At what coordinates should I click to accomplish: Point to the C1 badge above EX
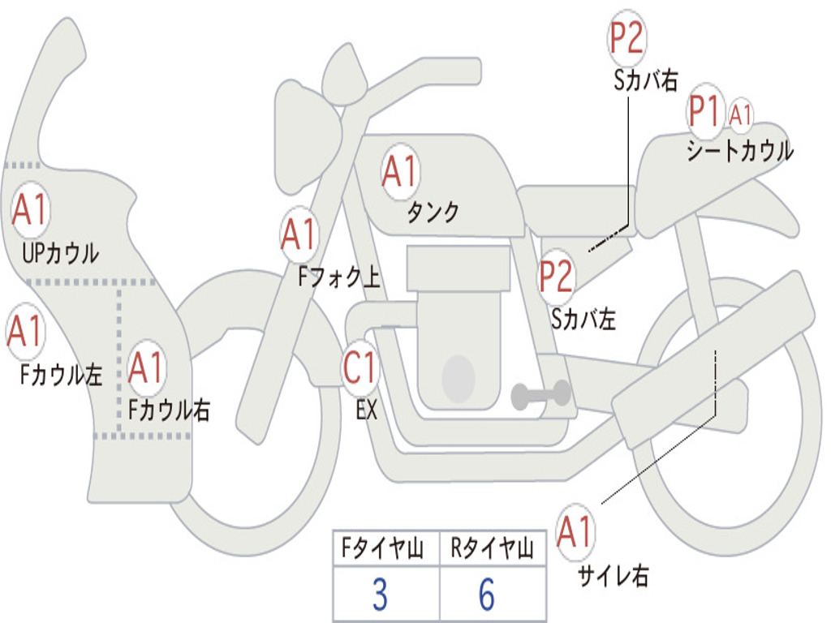[x=360, y=367]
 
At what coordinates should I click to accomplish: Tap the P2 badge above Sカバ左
[x=557, y=277]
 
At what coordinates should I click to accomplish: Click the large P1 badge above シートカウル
[x=704, y=112]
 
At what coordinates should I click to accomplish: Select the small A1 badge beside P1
[x=740, y=114]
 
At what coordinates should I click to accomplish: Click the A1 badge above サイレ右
[x=575, y=532]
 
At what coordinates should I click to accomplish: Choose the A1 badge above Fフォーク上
[x=299, y=234]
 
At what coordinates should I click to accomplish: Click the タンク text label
[x=433, y=212]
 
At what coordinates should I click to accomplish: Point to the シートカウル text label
[x=739, y=151]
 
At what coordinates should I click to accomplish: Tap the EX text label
[x=366, y=410]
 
